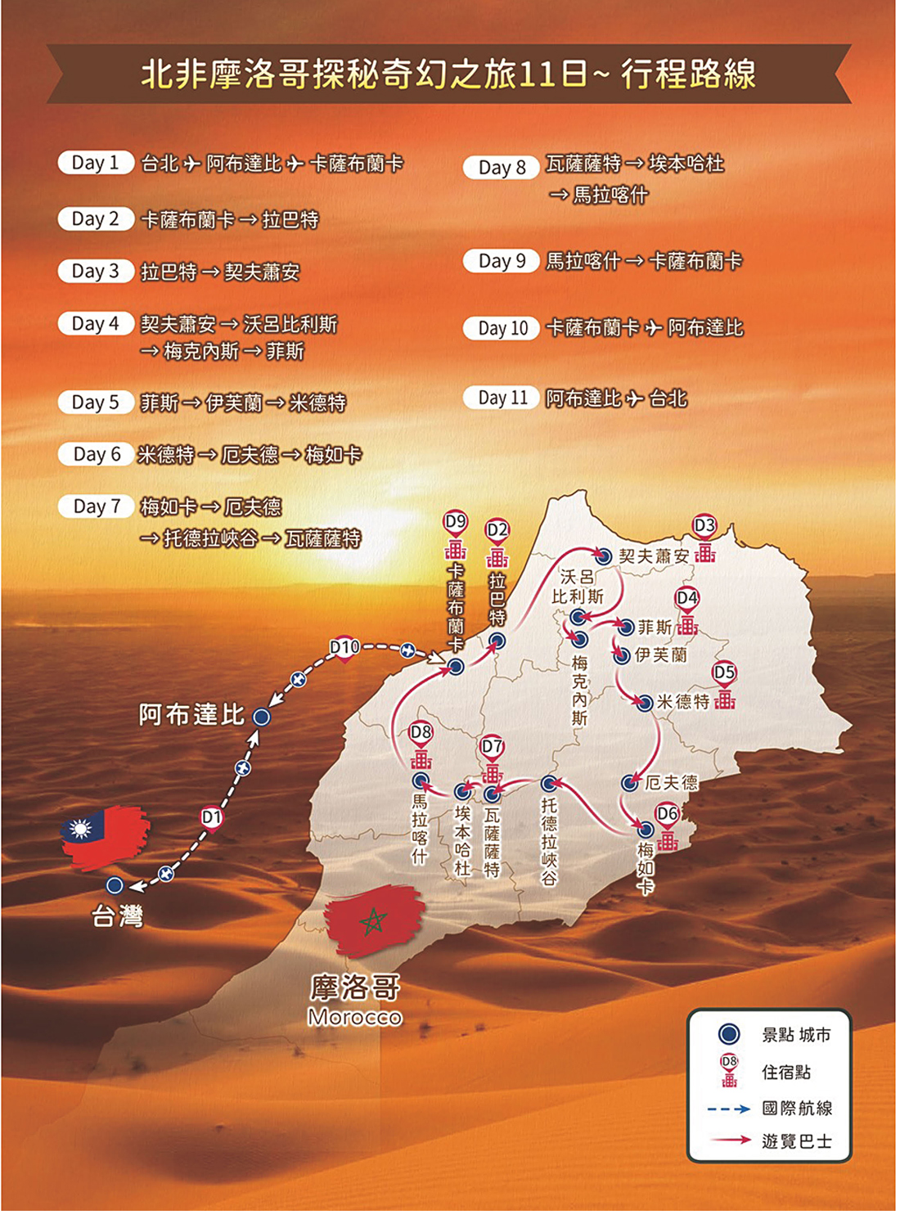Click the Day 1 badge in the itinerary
pos(96,163)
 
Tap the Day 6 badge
pos(97,454)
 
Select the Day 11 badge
pos(502,398)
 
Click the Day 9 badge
pos(502,261)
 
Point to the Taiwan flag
pos(105,836)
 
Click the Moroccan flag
pos(374,920)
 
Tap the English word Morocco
pos(355,1017)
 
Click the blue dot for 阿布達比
pos(262,717)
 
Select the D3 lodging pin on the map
pos(704,525)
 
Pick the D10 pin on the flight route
pos(344,648)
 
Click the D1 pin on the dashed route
pos(212,817)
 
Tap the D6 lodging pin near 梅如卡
pos(668,814)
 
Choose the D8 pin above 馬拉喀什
pos(421,733)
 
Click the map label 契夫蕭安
pos(653,556)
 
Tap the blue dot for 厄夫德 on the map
pos(629,783)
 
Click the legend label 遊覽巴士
pos(796,1140)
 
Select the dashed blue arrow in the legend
pos(729,1109)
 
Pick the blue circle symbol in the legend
pos(729,1034)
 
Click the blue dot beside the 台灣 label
pos(115,885)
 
